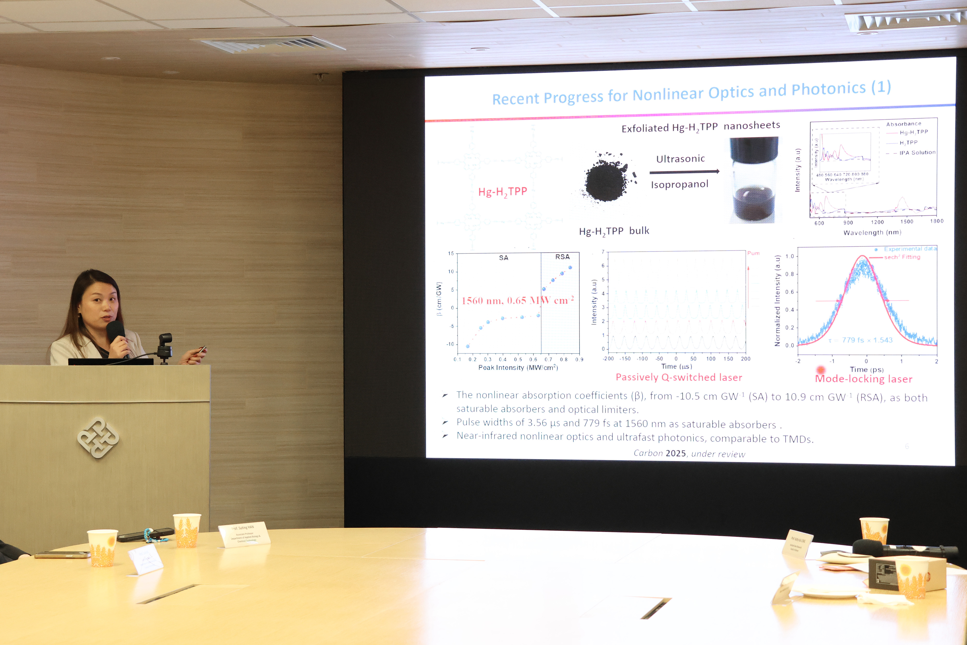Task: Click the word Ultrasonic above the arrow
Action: pyautogui.click(x=681, y=159)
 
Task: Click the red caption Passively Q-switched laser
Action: pyautogui.click(x=679, y=377)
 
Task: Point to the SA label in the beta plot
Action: pyautogui.click(x=504, y=258)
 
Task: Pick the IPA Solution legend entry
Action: pyautogui.click(x=917, y=153)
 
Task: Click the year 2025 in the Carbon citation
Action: pyautogui.click(x=675, y=453)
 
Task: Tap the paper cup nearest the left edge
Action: pyautogui.click(x=102, y=548)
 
